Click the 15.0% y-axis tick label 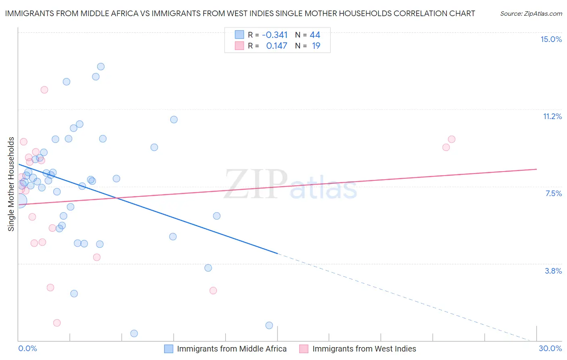click(551, 39)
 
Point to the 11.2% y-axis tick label click(552, 116)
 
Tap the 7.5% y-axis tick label click(553, 193)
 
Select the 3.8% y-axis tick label click(553, 271)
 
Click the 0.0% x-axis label click(28, 348)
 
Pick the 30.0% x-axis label click(550, 348)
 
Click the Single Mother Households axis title click(11, 184)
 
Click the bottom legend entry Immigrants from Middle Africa click(231, 349)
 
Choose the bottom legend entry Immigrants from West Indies click(364, 349)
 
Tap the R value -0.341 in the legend click(275, 35)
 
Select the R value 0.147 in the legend click(277, 46)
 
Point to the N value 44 click(315, 35)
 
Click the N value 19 click(316, 46)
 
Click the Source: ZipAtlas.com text click(531, 13)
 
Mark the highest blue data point click(101, 67)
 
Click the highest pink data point click(44, 90)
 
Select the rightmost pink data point click(452, 139)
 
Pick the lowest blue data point click(134, 333)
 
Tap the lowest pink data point click(57, 323)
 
